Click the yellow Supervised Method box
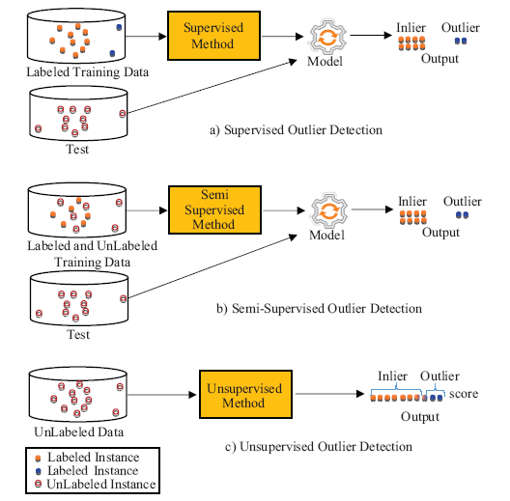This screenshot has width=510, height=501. [x=213, y=36]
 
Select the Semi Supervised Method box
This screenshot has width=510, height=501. [x=214, y=209]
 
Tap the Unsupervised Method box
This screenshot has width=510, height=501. [x=245, y=394]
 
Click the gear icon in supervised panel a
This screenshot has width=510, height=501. [x=327, y=37]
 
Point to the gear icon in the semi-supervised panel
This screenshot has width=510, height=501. [x=329, y=210]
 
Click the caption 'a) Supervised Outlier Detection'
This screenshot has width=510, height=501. [x=296, y=130]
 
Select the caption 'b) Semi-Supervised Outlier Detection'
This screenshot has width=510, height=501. [x=319, y=308]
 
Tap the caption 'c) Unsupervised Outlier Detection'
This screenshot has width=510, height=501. [x=319, y=446]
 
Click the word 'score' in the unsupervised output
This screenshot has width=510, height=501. [x=464, y=394]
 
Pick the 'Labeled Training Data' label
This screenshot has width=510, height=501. [x=87, y=72]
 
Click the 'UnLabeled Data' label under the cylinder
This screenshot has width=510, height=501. [x=78, y=431]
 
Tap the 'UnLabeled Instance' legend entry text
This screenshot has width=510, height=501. [x=101, y=484]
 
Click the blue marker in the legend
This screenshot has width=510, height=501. [x=38, y=471]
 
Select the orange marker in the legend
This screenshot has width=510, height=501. [x=38, y=459]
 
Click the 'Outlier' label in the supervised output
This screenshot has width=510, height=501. [x=460, y=28]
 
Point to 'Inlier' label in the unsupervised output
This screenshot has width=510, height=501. [x=392, y=376]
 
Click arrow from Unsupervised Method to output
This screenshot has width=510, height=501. [x=329, y=394]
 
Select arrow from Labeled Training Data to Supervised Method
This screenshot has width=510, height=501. [x=146, y=37]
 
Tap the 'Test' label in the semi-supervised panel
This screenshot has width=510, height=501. [x=78, y=335]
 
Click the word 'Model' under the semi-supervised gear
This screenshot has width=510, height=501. [x=326, y=236]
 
